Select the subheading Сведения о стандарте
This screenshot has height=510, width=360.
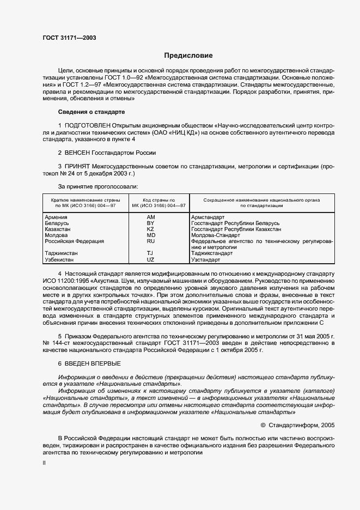click(x=91, y=112)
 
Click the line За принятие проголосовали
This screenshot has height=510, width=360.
click(x=94, y=187)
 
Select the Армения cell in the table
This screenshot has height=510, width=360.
click(x=56, y=217)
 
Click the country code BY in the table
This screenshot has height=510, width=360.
click(x=151, y=223)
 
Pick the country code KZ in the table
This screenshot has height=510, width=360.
click(x=151, y=229)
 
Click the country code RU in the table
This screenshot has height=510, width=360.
click(x=151, y=241)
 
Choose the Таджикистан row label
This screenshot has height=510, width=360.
click(x=61, y=253)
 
